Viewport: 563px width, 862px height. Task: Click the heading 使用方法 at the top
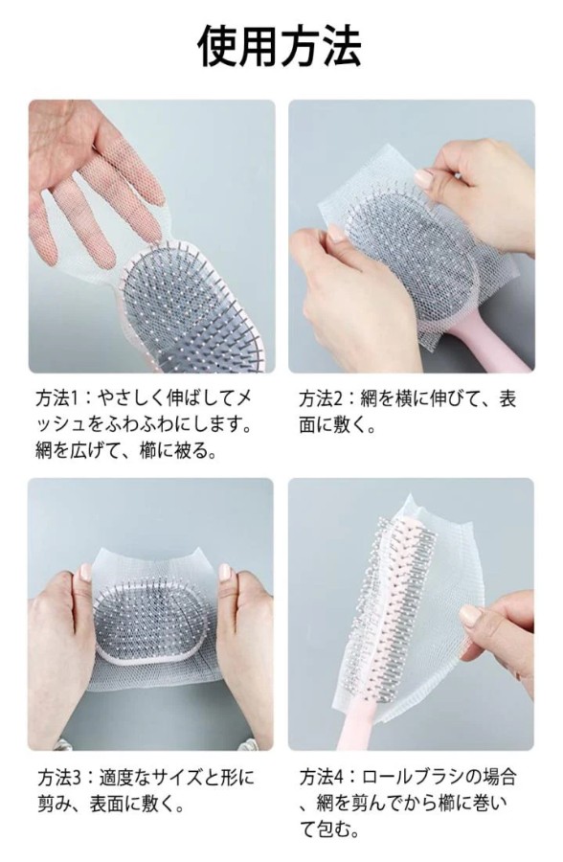280,46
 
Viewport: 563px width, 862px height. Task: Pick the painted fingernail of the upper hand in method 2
424,179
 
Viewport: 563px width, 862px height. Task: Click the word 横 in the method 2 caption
404,399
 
